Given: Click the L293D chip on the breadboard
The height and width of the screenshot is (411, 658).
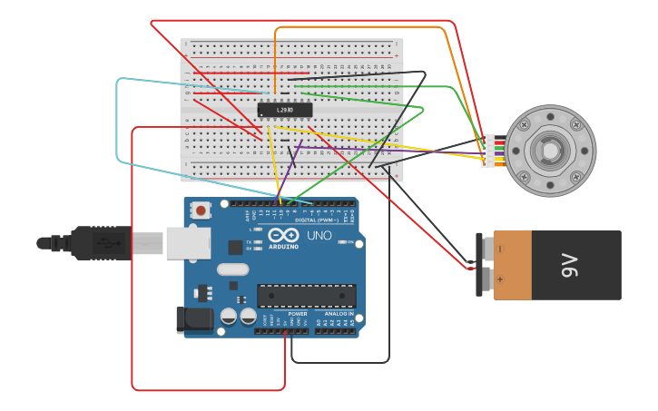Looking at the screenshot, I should click(285, 110).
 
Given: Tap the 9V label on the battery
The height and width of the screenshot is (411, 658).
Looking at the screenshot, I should click(570, 265).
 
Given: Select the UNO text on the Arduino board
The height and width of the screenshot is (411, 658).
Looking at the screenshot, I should click(319, 236).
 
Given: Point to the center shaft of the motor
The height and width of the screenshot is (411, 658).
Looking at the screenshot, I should click(550, 151).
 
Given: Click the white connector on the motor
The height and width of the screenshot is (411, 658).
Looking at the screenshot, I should click(489, 151).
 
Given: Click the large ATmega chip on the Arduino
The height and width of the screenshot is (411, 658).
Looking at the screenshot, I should click(306, 296).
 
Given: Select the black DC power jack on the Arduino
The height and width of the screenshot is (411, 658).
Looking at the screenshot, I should click(194, 318).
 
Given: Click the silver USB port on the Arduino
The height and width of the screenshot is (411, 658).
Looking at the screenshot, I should click(188, 243).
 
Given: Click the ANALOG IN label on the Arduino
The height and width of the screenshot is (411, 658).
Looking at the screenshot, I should click(339, 314).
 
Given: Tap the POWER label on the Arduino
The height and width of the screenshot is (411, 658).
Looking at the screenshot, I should click(297, 314).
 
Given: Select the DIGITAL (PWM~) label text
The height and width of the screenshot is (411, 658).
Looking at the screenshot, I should click(317, 220).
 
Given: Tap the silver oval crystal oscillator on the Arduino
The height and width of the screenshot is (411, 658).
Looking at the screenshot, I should click(232, 269).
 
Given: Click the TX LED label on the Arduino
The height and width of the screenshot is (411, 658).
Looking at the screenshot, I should click(249, 242).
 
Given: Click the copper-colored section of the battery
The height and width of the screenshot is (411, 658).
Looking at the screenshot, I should click(513, 265).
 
